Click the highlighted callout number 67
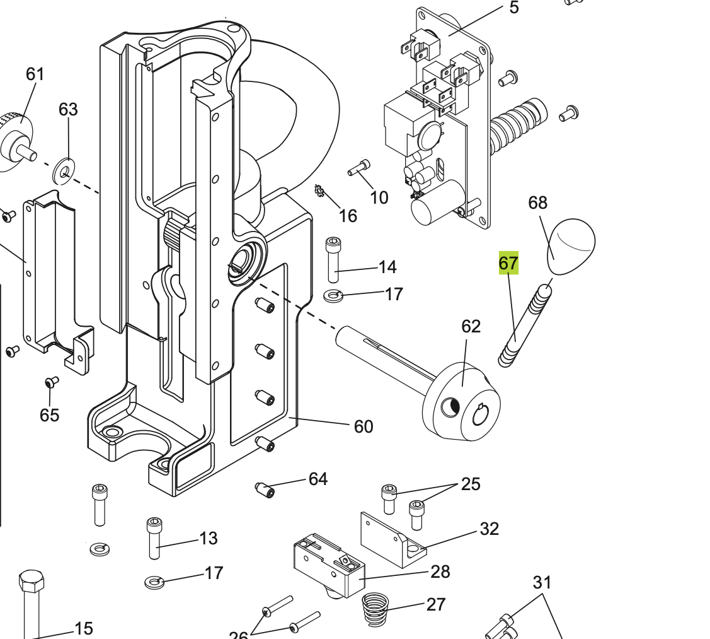tap(508, 262)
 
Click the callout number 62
tap(471, 326)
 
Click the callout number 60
tap(364, 427)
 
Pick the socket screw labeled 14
tap(333, 259)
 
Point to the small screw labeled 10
tap(359, 168)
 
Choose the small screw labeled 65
tap(52, 382)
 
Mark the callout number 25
tap(471, 484)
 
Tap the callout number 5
tap(514, 8)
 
